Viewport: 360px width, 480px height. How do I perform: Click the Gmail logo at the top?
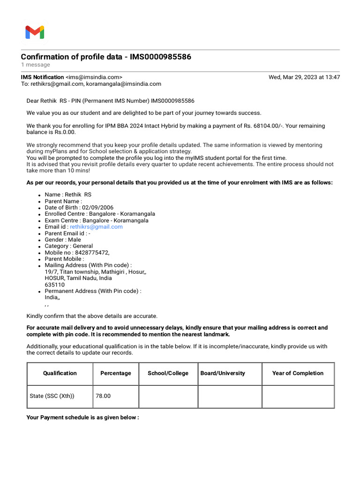pos(35,32)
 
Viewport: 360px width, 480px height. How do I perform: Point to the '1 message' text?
pos(35,65)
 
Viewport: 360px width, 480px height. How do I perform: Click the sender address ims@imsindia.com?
pos(94,77)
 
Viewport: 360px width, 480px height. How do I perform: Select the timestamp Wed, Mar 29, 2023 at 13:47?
pos(304,77)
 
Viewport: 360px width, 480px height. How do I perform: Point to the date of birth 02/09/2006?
pos(97,208)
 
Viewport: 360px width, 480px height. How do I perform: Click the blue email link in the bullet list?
pos(96,227)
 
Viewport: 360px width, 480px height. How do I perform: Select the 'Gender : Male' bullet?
pos(63,240)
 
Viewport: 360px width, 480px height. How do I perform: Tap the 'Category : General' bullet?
pos(68,246)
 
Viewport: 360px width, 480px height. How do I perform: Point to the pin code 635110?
pos(55,285)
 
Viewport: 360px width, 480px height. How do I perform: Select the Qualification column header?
pos(60,374)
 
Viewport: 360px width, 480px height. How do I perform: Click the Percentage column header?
pos(116,374)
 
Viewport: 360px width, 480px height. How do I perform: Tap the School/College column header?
pos(168,374)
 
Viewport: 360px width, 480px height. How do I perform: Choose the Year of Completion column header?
pos(298,374)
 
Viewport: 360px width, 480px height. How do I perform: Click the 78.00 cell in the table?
pos(103,396)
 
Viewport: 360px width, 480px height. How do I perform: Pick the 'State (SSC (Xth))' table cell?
pos(52,396)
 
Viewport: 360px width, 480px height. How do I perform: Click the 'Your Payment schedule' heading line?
pos(82,417)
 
